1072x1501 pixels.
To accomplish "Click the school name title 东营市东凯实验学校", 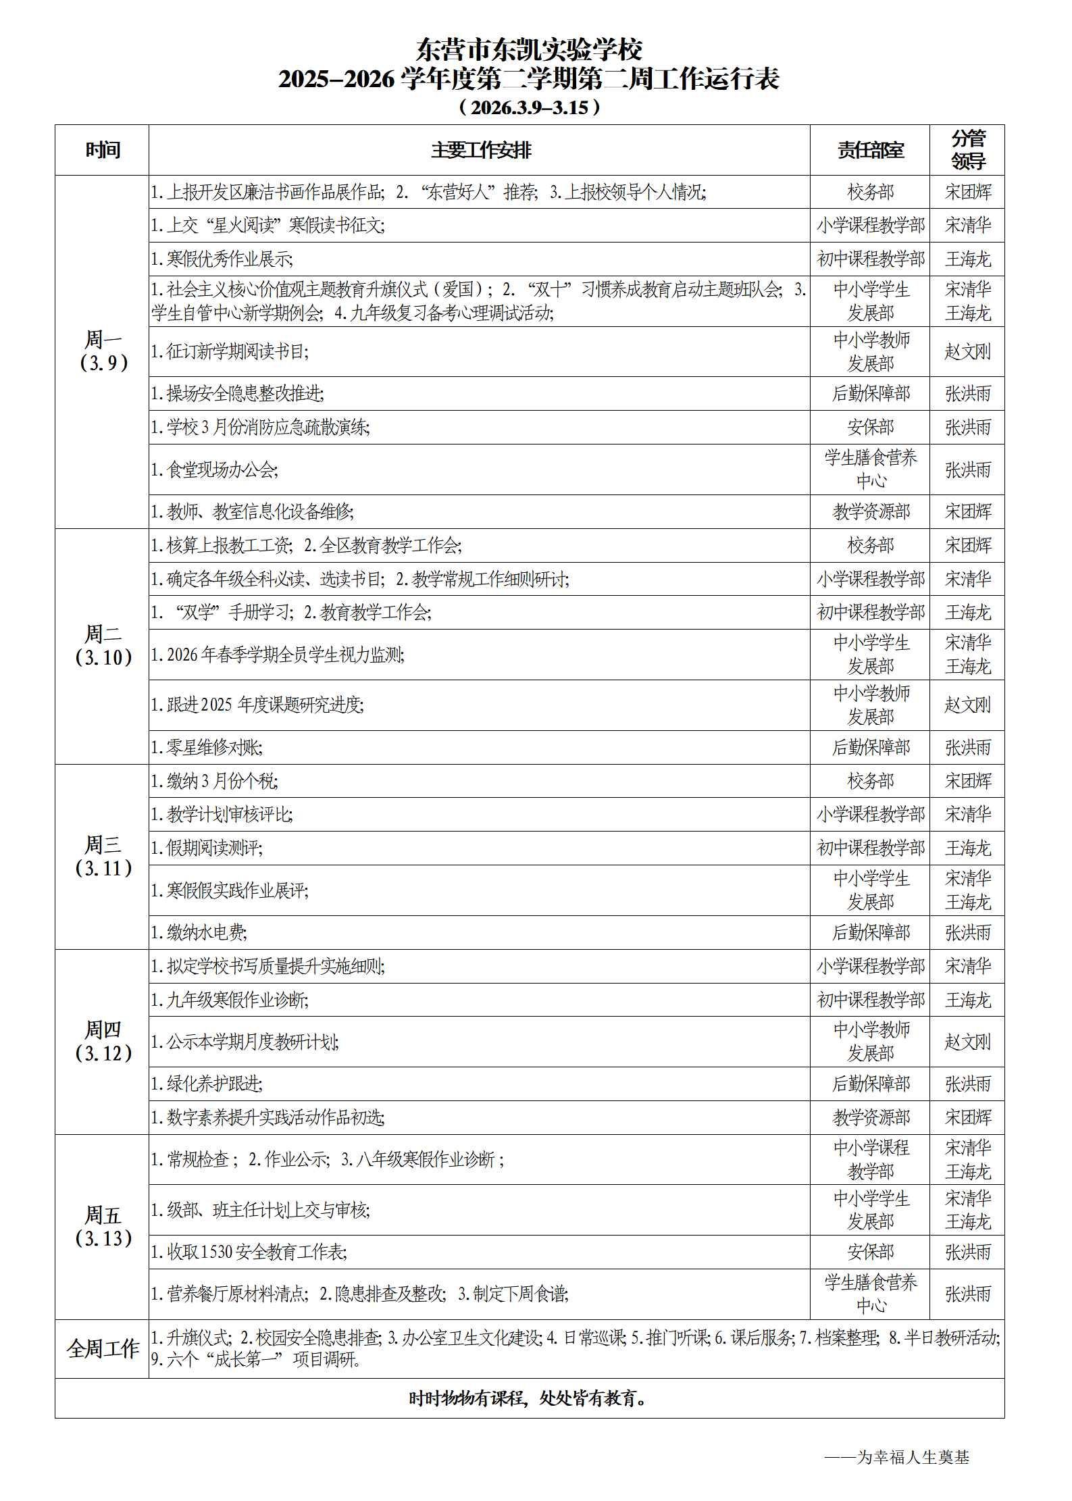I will pos(529,49).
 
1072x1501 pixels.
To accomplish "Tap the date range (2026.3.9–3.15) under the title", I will pos(529,107).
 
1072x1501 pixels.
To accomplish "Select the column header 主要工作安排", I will pos(481,150).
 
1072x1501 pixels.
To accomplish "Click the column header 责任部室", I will pos(870,150).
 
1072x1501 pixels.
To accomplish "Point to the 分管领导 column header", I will pos(967,150).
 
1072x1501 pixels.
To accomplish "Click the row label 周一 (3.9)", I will pos(103,351).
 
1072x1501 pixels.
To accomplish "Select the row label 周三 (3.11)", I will pos(103,856).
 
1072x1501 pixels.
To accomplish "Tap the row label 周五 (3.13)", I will pos(103,1226).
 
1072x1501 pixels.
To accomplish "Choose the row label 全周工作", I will pos(103,1348).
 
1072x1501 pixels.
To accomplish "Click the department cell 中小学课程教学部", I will pos(870,1159).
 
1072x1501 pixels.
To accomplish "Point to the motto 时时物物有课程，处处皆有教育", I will pos(529,1398).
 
